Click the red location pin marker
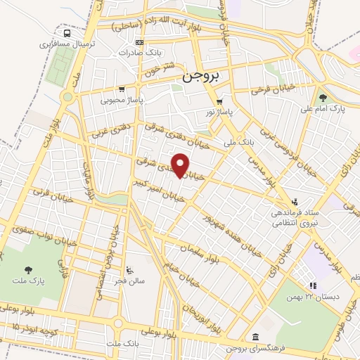(x=181, y=165)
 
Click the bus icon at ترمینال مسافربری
(x=67, y=33)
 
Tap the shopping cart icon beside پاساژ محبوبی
(x=122, y=89)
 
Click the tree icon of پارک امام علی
(x=323, y=98)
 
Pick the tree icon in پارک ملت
(x=28, y=269)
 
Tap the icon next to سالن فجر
(x=129, y=269)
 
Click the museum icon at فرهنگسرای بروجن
(x=253, y=337)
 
